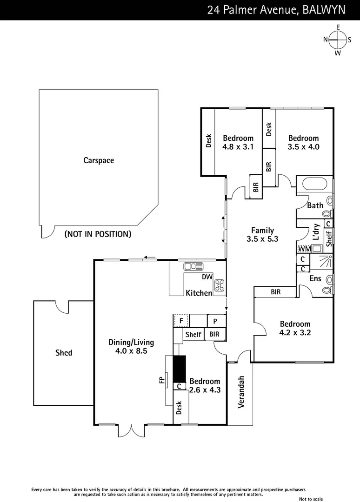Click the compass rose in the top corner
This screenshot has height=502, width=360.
click(x=338, y=40)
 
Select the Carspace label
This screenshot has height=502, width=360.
click(x=99, y=160)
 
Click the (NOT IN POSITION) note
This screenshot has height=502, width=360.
click(x=98, y=234)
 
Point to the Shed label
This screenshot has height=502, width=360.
click(x=64, y=353)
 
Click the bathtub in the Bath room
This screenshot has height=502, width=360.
click(x=314, y=184)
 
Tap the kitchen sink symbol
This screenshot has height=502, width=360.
click(x=193, y=266)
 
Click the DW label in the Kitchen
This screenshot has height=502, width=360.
click(x=207, y=277)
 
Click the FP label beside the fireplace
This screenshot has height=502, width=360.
click(x=162, y=381)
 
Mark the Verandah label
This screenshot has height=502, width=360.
click(x=241, y=392)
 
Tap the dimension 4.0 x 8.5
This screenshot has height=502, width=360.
click(x=131, y=351)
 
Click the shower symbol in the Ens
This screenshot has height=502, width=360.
click(x=327, y=262)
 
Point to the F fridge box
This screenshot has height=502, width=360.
click(x=180, y=321)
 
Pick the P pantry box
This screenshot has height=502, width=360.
click(x=216, y=321)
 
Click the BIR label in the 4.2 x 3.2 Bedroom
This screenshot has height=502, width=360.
click(x=275, y=292)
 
